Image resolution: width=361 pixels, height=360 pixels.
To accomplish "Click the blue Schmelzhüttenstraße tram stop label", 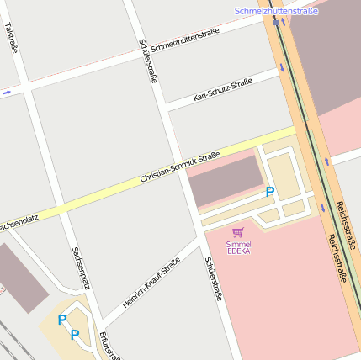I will (x=276, y=11).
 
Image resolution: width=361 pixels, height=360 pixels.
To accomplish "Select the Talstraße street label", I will (x=11, y=39).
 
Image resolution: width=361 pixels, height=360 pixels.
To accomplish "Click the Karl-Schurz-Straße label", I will (x=223, y=90).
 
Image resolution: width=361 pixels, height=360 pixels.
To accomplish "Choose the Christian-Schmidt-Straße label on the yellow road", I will (x=180, y=167).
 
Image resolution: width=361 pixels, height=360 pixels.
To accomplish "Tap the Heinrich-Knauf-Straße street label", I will (x=151, y=282).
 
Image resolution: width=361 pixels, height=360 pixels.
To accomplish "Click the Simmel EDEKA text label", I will (x=238, y=247).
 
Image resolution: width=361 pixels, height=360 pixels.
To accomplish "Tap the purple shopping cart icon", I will (x=238, y=231).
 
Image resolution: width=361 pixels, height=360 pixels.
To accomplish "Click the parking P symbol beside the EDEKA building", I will (x=269, y=192).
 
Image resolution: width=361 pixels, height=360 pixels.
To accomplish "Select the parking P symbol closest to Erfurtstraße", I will (x=75, y=335).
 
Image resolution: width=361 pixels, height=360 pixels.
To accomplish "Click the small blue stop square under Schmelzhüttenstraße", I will (x=276, y=22).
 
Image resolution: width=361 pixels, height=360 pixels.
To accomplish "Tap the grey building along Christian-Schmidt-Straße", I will (x=226, y=179).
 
